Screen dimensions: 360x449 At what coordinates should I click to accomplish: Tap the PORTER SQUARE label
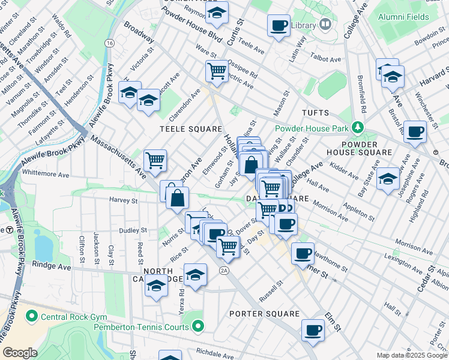click(x=265, y=314)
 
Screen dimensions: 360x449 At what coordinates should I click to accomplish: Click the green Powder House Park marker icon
click(x=358, y=127)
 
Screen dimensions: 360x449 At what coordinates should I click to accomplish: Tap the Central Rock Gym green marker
click(x=31, y=316)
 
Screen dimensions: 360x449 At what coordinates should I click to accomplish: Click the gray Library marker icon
click(x=325, y=25)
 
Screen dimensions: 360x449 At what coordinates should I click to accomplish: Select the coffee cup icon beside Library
click(x=279, y=26)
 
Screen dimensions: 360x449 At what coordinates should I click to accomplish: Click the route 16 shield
click(x=109, y=43)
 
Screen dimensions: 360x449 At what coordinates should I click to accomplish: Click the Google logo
click(x=20, y=353)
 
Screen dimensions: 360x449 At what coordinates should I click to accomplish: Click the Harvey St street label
click(x=123, y=200)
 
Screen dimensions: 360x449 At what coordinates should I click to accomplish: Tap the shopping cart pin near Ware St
click(x=217, y=71)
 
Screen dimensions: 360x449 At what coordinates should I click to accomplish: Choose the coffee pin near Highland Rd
click(x=415, y=131)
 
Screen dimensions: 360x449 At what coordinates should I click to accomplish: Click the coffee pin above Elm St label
click(x=313, y=329)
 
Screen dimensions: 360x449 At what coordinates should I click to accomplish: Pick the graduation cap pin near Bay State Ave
click(x=388, y=178)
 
